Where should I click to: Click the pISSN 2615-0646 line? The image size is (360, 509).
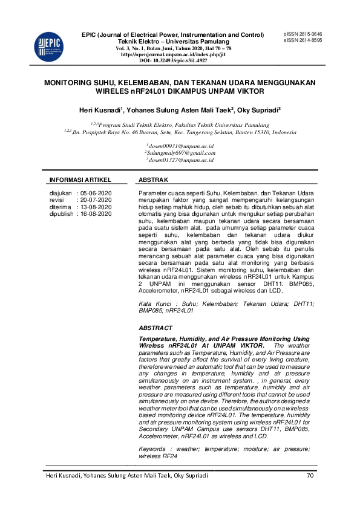(303, 34)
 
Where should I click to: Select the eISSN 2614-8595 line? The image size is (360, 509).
(303, 40)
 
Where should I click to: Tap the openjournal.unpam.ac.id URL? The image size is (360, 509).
(173, 54)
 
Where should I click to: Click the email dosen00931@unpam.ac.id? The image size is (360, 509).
(180, 147)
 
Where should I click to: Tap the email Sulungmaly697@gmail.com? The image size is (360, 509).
(180, 154)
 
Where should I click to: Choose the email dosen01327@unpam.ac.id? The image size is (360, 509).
(180, 160)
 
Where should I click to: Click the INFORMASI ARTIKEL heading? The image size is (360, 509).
(80, 180)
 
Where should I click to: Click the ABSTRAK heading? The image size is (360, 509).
(154, 180)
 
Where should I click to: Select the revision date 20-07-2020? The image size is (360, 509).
(95, 200)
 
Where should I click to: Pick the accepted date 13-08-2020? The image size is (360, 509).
(95, 207)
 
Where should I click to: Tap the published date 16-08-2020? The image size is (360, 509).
(95, 213)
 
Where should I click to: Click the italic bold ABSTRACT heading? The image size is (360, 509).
(155, 328)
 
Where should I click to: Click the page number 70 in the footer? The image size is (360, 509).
(310, 476)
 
